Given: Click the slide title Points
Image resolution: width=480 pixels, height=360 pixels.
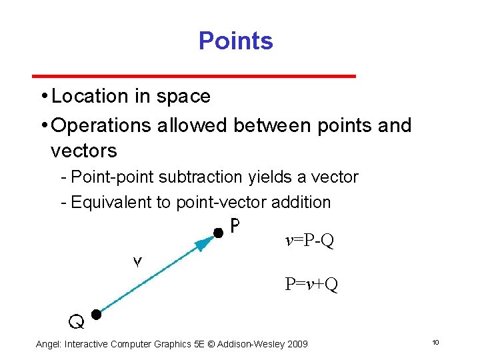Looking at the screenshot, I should coord(235,41).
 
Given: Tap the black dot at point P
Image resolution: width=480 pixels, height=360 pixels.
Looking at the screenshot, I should coord(217,233).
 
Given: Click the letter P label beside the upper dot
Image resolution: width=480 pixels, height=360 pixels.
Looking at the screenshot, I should coord(235,227).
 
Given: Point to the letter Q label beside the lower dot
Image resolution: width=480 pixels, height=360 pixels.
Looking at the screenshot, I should coord(77,323).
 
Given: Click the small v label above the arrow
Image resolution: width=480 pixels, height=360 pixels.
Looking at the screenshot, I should coord(137,262).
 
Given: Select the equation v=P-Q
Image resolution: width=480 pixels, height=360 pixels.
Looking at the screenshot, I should coord(309,241).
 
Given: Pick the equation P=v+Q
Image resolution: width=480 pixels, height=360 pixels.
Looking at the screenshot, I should coord(311,285).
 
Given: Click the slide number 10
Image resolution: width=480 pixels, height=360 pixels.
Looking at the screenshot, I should coord(435,343).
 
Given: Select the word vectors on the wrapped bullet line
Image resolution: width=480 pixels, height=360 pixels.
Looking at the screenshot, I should coord(83,151).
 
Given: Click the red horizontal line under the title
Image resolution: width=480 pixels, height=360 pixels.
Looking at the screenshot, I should coord(195,76).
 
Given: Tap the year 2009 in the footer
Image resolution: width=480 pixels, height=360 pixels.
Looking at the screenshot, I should coord(296,344).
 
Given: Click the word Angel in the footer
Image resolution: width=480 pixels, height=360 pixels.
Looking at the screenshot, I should coord(47,344).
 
